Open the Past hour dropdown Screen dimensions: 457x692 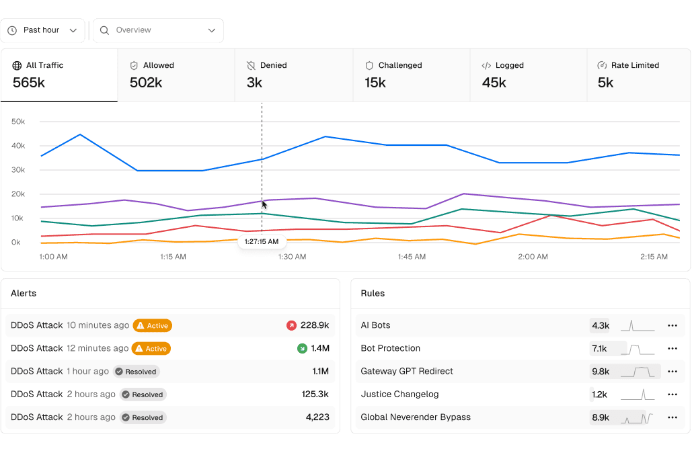42,30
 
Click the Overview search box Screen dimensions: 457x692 158,30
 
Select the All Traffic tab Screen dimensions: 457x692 59,75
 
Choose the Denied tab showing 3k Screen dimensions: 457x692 294,75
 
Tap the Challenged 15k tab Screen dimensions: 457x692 411,75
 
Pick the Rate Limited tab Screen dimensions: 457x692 638,75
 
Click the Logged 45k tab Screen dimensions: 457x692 528,75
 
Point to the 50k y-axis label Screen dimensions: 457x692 18,122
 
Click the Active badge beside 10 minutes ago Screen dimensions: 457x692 153,326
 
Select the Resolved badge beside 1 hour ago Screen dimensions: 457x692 136,372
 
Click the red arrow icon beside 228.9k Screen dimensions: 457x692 291,325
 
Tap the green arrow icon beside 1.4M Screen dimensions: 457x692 302,348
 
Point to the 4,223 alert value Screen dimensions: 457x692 317,417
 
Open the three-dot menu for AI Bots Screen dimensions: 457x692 672,325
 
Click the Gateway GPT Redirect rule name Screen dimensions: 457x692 407,371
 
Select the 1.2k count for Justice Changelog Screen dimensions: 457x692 599,394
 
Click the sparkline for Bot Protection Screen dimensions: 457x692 637,349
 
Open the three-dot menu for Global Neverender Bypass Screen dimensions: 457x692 672,417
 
